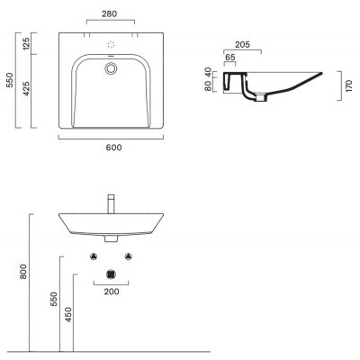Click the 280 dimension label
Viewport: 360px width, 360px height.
[x=109, y=13]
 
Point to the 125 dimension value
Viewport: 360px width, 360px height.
[x=26, y=43]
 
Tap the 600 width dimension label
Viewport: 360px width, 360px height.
[x=114, y=148]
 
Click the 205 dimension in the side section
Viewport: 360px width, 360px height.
[x=242, y=45]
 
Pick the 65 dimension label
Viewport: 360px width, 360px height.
[x=230, y=57]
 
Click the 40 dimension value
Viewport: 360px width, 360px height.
[x=207, y=73]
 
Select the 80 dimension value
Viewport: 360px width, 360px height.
[x=207, y=86]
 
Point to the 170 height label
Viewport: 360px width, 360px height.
[x=349, y=86]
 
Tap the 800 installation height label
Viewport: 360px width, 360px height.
[x=23, y=272]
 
